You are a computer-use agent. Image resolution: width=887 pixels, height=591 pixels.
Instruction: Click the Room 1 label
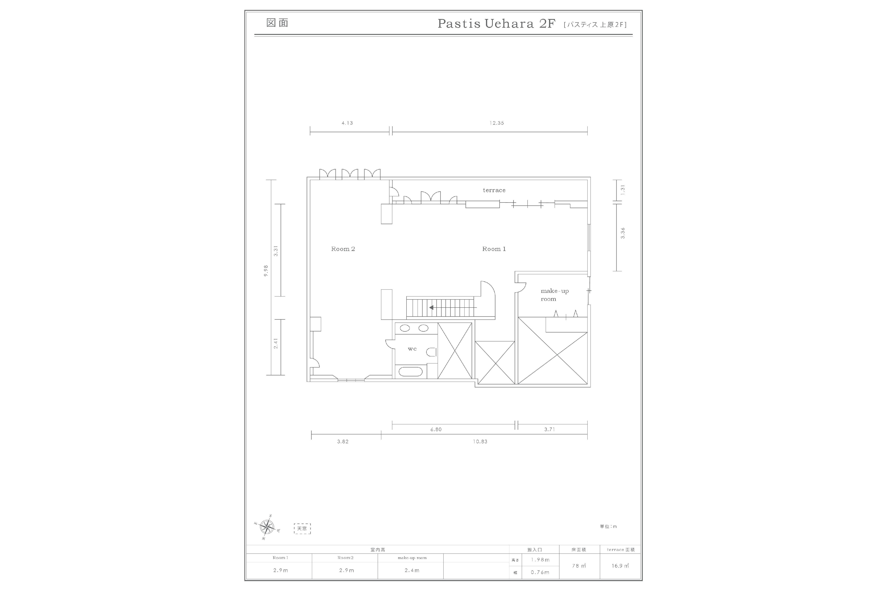pos(494,249)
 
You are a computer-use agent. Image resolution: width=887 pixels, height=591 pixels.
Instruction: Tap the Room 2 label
pos(343,249)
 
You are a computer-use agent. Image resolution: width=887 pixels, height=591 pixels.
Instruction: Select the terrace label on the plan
pos(494,190)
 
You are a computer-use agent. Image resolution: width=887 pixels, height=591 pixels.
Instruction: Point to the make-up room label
pos(554,295)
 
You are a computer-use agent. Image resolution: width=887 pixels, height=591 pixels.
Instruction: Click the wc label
pos(412,349)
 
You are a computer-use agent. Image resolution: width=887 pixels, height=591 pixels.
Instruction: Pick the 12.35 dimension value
pos(497,123)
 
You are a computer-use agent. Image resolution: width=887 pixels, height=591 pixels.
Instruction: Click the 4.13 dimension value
pos(347,123)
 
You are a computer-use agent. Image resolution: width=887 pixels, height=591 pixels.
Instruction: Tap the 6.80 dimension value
pos(436,429)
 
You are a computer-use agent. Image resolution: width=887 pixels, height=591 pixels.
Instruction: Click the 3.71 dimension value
pos(549,429)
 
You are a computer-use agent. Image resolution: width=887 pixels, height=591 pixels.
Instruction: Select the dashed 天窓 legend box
pos(302,528)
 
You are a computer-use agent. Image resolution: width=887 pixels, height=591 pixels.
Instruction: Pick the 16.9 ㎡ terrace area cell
pos(620,566)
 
